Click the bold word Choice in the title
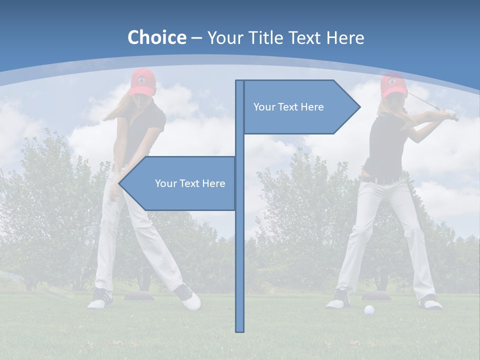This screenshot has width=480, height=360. click(x=156, y=37)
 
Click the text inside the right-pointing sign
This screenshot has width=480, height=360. click(x=288, y=107)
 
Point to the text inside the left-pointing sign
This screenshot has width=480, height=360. click(x=190, y=183)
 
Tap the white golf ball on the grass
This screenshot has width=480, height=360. click(x=369, y=310)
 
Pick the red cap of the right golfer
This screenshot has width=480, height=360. click(x=393, y=85)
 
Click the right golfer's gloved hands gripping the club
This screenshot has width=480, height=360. click(x=451, y=114)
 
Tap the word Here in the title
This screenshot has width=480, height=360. click(x=344, y=37)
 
